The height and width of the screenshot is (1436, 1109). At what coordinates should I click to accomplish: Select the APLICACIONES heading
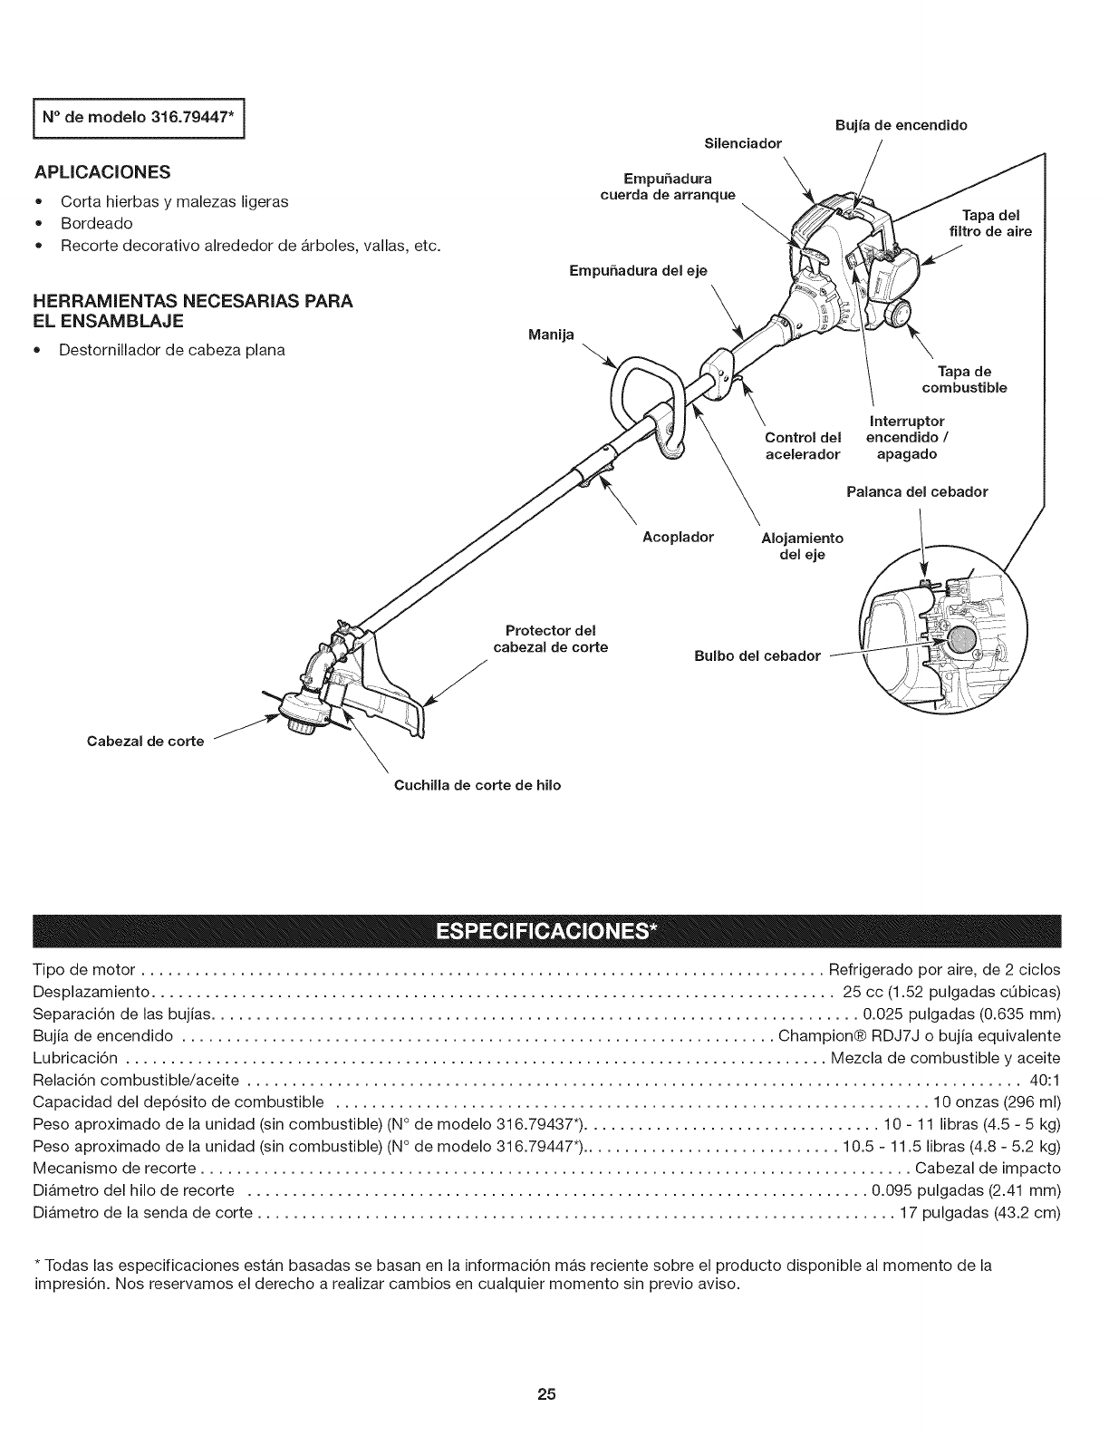(x=102, y=172)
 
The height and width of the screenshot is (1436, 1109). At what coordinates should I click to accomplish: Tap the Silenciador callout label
(x=742, y=143)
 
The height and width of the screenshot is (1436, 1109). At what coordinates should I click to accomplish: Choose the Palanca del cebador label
(x=916, y=492)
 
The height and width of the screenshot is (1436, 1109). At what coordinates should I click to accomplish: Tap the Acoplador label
(x=678, y=537)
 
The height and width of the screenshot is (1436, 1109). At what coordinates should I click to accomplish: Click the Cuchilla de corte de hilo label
(x=477, y=785)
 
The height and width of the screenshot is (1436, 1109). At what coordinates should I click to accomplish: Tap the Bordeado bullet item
(x=97, y=223)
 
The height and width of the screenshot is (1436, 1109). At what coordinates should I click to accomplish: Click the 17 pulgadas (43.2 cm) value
(x=979, y=1213)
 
